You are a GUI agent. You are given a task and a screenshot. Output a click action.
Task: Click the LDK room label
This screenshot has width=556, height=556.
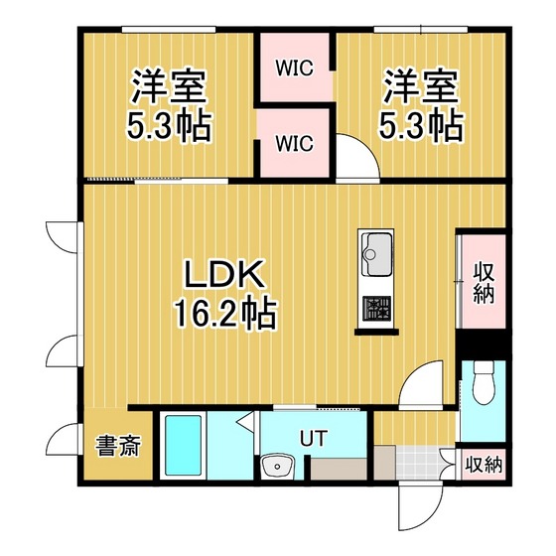pyautogui.click(x=224, y=275)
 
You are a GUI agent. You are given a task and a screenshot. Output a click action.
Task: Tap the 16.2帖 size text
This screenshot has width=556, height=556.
pyautogui.click(x=224, y=313)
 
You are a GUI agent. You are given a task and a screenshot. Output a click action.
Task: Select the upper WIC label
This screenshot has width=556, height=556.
pyautogui.click(x=295, y=68)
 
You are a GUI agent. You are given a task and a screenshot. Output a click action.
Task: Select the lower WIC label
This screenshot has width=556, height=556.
pyautogui.click(x=295, y=143)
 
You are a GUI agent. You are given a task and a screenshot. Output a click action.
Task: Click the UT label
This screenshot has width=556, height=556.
pyautogui.click(x=314, y=438)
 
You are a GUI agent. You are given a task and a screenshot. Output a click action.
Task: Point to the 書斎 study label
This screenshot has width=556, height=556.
pyautogui.click(x=118, y=446)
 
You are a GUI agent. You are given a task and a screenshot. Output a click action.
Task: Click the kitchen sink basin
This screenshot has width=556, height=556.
pyautogui.click(x=377, y=254)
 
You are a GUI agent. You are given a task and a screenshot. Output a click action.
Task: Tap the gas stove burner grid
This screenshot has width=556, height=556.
pyautogui.click(x=377, y=308)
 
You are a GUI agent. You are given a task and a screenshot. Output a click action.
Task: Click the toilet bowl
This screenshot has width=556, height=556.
pyautogui.click(x=484, y=385)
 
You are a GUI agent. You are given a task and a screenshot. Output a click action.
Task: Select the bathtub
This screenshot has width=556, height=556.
pyautogui.click(x=183, y=445)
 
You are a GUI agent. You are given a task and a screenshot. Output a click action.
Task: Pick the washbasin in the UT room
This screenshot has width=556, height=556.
pyautogui.click(x=277, y=466)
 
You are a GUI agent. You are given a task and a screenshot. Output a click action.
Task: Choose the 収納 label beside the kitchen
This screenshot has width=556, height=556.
pyautogui.click(x=484, y=284)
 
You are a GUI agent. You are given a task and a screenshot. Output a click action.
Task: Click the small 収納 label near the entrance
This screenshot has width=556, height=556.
pyautogui.click(x=484, y=465)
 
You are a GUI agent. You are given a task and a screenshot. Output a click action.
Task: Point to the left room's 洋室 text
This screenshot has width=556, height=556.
pyautogui.click(x=169, y=86)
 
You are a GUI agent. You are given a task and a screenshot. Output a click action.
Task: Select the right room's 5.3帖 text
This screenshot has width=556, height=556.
pyautogui.click(x=422, y=125)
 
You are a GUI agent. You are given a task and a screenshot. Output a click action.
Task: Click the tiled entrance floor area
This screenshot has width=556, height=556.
pyautogui.click(x=418, y=463)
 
